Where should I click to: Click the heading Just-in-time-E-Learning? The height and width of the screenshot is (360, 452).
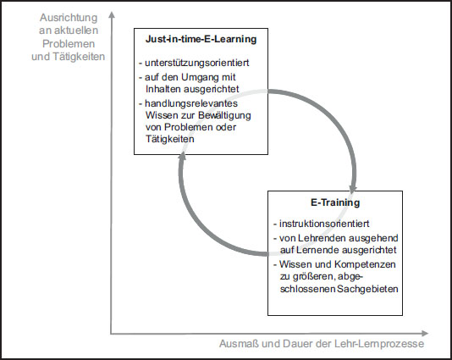click(x=201, y=39)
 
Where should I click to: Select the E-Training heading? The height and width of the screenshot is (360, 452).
click(x=335, y=202)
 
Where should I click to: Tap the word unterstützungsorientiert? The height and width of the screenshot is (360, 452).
click(x=197, y=63)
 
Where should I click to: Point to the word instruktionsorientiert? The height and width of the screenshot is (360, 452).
click(x=324, y=224)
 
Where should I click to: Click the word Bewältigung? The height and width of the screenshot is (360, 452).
click(x=224, y=115)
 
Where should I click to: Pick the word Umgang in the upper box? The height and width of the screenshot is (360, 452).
click(x=196, y=78)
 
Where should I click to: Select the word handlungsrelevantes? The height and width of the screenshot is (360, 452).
click(x=191, y=103)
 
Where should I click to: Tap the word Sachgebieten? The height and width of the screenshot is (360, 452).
click(x=368, y=289)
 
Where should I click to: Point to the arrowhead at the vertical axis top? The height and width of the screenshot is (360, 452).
click(x=112, y=14)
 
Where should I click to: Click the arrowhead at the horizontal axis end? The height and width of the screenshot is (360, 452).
click(x=425, y=334)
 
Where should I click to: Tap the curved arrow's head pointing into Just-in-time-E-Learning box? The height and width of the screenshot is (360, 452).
click(x=182, y=156)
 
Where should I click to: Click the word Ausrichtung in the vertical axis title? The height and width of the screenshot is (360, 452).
click(x=69, y=18)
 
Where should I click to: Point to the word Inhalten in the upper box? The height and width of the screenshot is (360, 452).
click(x=163, y=89)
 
